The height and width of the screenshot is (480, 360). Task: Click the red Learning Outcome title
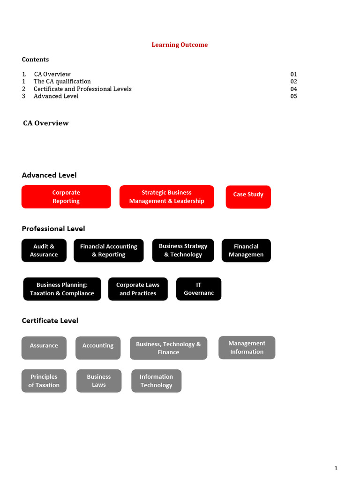180,45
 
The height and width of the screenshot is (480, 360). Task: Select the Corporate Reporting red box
66,197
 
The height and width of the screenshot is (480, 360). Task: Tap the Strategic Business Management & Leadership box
166,197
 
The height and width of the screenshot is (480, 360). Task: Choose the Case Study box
248,197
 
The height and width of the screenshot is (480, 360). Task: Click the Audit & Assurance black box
44,250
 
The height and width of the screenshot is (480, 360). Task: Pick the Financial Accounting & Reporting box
108,250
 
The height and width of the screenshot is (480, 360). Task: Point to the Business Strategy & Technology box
183,250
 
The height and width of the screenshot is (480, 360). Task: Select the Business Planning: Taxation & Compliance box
62,289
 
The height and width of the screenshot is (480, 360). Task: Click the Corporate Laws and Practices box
138,289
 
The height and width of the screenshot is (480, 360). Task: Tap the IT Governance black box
199,289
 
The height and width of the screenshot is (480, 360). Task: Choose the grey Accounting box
98,348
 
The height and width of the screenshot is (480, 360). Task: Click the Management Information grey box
247,347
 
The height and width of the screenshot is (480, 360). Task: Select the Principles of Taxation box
44,381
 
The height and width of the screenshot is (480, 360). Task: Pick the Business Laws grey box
98,381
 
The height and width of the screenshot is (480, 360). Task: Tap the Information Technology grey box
156,381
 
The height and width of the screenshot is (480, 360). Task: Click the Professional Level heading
53,229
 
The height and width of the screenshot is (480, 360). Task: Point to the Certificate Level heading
50,321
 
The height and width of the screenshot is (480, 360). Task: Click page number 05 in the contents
293,96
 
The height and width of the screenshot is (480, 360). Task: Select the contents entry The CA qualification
62,82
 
